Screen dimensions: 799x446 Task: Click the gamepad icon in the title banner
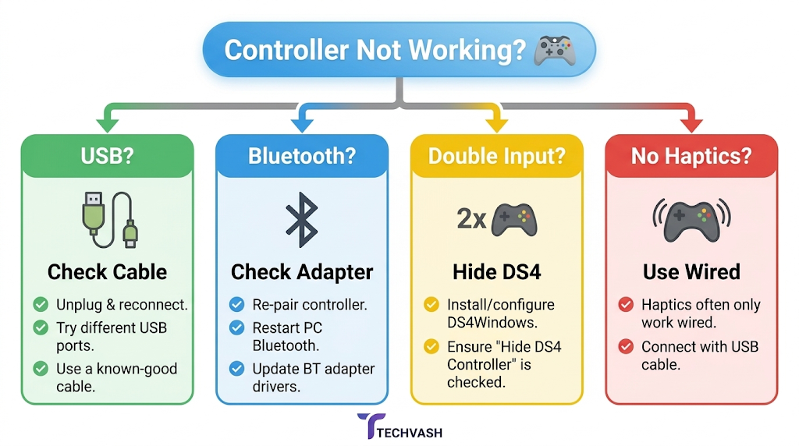coord(555,51)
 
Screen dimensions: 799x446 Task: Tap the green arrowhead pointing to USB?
coord(108,124)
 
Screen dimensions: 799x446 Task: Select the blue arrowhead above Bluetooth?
coord(302,124)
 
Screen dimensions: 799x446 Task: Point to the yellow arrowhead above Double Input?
coord(497,124)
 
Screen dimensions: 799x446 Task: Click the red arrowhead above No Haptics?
coord(691,124)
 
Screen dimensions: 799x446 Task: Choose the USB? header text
coord(107,156)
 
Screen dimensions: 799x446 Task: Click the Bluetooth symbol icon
coord(302,219)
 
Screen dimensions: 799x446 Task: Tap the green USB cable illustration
coord(109,219)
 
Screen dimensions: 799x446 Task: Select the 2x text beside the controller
coord(471,219)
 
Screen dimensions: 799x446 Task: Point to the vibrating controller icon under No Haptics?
coord(691,220)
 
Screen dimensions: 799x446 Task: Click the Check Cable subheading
coord(107,272)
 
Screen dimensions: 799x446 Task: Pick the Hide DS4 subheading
coord(497,272)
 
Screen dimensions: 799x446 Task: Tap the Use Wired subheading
coord(691,272)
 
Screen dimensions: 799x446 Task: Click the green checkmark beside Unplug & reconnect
coord(41,304)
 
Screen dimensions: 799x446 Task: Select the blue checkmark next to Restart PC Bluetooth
coord(236,327)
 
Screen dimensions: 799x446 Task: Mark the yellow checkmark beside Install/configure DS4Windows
coord(431,304)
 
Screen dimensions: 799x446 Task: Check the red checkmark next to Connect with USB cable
coord(626,347)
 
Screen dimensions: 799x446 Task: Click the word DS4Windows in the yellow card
coord(492,323)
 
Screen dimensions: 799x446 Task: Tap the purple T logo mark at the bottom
coord(371,425)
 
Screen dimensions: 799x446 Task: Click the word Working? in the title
coord(467,51)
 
